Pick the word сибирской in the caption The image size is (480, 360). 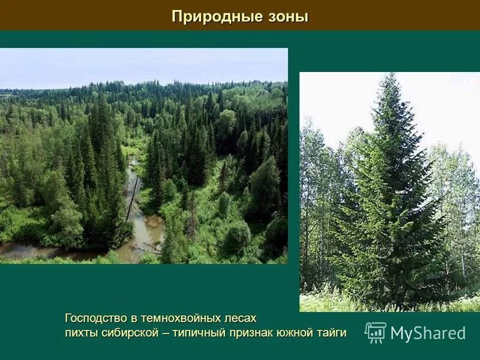tap(128, 332)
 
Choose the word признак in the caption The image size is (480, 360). tap(253, 332)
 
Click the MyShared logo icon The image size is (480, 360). tap(376, 332)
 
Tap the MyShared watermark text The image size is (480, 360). tap(428, 334)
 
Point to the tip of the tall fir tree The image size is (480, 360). tap(392, 76)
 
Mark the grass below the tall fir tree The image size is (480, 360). tap(336, 303)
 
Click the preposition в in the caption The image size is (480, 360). tap(136, 318)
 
